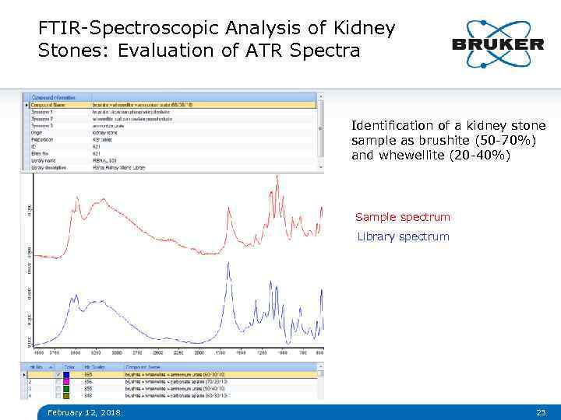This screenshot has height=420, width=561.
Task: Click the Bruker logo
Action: coord(498,44)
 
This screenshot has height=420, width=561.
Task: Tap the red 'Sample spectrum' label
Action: coord(402,217)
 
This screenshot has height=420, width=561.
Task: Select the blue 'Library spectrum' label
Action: coord(403,236)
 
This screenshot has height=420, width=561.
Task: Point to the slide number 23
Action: coord(540,412)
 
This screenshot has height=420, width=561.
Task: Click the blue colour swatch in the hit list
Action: coord(66,374)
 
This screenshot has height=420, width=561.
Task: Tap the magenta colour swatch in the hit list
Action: coord(66,381)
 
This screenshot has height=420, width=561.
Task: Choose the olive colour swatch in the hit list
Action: coord(66,395)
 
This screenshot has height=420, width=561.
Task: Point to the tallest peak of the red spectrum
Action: coord(276,178)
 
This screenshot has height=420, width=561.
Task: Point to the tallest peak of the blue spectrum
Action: coord(227,265)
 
